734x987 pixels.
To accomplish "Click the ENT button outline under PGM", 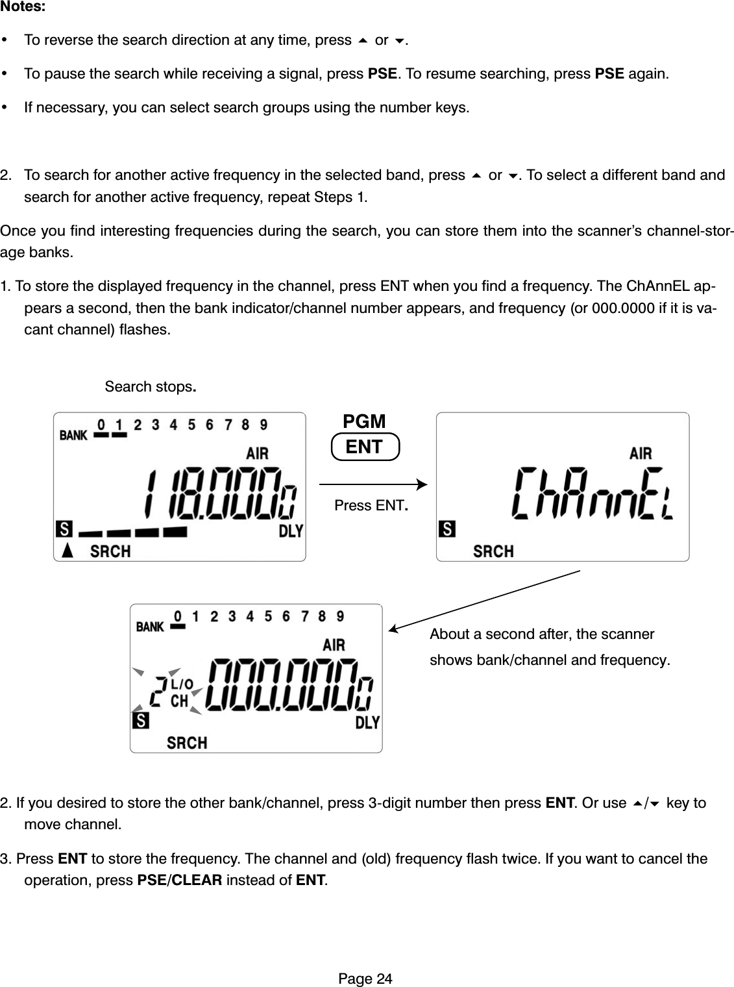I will [x=365, y=447].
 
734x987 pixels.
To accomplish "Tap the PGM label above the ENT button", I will [x=364, y=421].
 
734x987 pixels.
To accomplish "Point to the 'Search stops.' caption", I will [x=151, y=387].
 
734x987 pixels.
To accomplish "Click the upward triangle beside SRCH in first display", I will [x=67, y=551].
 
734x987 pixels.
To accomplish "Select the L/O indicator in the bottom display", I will [x=182, y=684].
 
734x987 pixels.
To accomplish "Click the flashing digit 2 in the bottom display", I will [x=156, y=697].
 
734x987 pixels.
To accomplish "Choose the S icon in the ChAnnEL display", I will [x=447, y=529].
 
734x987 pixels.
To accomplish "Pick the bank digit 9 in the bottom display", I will [x=340, y=616].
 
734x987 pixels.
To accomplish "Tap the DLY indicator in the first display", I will [x=291, y=531].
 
